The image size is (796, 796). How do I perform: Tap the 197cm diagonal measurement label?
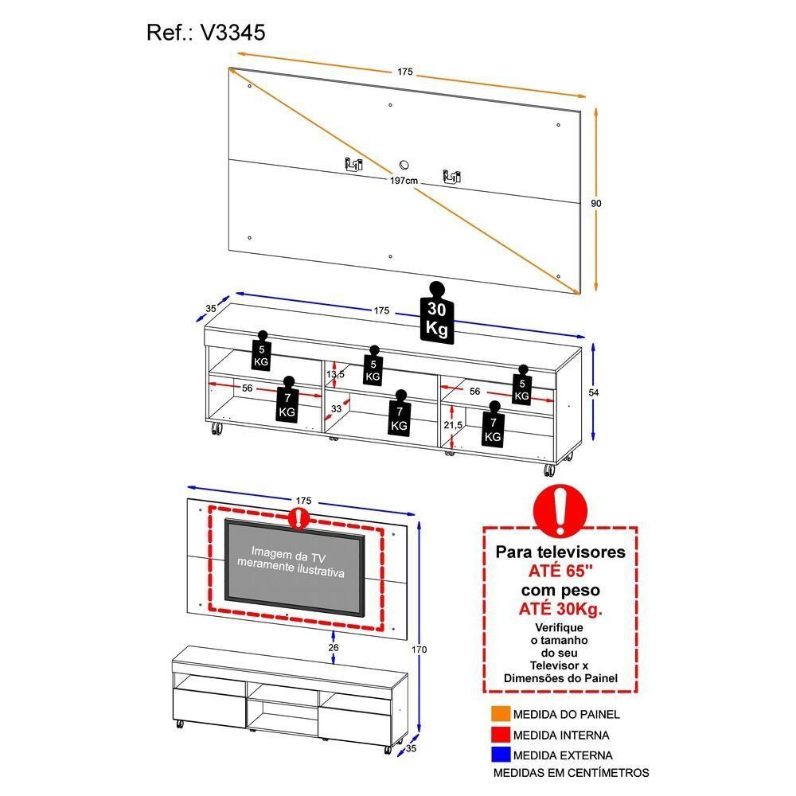click(x=404, y=181)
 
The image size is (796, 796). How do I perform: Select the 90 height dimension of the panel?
click(x=596, y=204)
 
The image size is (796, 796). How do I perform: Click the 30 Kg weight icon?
click(x=436, y=317)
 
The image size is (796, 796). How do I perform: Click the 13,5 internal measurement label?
click(x=335, y=374)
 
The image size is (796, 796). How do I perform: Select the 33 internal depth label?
click(x=335, y=409)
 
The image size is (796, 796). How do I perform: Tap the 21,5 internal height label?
click(x=452, y=426)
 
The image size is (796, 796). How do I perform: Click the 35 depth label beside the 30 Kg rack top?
click(x=210, y=308)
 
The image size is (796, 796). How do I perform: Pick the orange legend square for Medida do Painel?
click(x=500, y=714)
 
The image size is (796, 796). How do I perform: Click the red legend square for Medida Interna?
click(x=500, y=735)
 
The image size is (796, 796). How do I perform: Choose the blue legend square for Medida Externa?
click(x=500, y=755)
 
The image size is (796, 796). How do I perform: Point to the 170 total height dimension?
click(x=419, y=650)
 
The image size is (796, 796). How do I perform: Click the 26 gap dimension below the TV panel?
click(x=334, y=648)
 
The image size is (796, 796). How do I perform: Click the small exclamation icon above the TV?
click(x=298, y=519)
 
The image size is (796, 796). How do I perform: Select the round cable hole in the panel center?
click(x=404, y=165)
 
